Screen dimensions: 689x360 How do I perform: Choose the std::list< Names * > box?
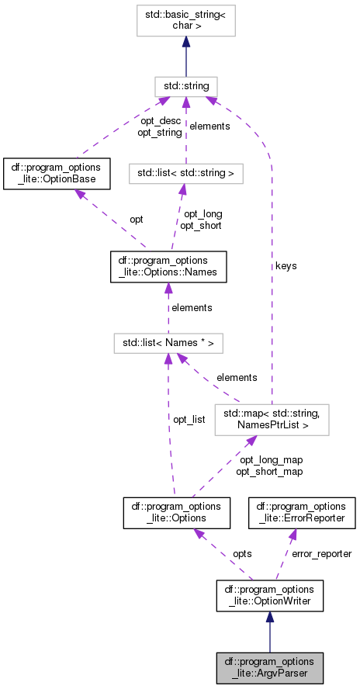coord(168,341)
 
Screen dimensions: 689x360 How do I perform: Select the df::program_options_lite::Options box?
coord(171,514)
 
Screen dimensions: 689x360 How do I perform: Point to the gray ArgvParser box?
coord(269,667)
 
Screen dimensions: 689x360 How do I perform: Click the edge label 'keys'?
coord(286,266)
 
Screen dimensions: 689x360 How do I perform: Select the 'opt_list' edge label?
coord(189,420)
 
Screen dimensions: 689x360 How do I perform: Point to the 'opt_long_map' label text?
coord(268,460)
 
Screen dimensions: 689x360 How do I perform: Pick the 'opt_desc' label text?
coord(160,121)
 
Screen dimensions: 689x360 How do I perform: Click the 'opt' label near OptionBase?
coord(136,220)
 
